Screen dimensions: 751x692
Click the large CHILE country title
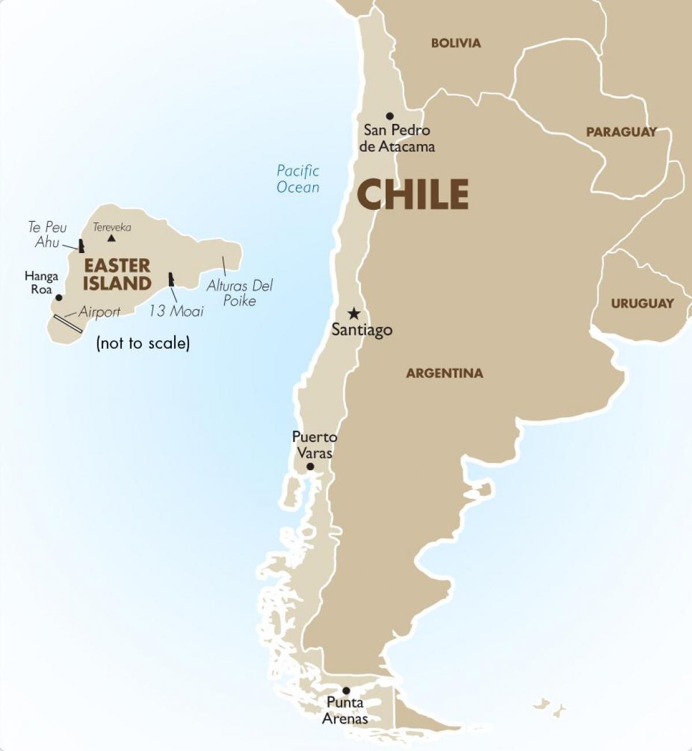pos(412,194)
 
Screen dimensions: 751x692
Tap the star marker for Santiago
pos(353,314)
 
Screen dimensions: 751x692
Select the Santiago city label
pos(362,330)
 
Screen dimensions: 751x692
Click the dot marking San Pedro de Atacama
pos(390,116)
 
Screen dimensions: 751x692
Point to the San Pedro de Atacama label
pos(397,138)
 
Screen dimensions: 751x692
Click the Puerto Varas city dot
pos(310,466)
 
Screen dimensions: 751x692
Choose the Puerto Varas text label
pos(314,445)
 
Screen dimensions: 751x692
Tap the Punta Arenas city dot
pos(346,690)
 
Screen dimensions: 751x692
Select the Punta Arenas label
pos(345,711)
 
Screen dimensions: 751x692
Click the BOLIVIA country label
pos(456,43)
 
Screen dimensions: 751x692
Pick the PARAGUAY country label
pos(621,132)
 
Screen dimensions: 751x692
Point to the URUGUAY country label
pos(642,303)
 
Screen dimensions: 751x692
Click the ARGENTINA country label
pos(444,373)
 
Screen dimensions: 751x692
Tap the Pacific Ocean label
pos(298,179)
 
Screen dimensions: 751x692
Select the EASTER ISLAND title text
pos(117,274)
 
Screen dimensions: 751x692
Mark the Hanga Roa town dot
pos(58,298)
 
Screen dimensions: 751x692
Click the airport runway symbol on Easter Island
pos(68,323)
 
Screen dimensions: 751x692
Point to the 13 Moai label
pos(176,311)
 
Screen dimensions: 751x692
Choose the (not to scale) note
pos(143,344)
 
